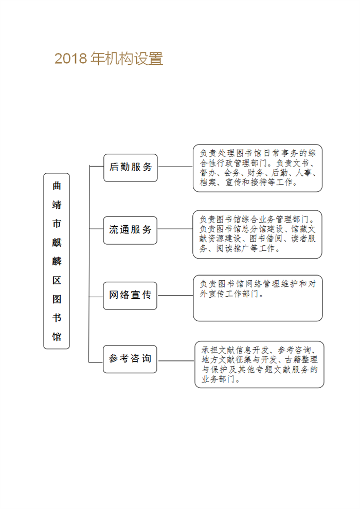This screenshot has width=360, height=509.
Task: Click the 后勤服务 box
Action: click(x=131, y=168)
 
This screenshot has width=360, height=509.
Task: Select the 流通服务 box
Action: click(x=130, y=230)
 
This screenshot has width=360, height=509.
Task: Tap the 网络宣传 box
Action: click(x=130, y=296)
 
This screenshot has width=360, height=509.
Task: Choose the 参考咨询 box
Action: click(x=130, y=359)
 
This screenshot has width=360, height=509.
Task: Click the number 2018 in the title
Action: click(x=71, y=59)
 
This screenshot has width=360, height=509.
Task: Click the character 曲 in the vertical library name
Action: click(x=57, y=186)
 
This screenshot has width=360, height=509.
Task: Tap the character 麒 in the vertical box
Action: click(x=57, y=243)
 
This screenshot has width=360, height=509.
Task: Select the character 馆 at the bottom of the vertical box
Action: click(x=57, y=337)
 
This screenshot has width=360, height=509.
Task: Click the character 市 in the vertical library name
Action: click(x=57, y=224)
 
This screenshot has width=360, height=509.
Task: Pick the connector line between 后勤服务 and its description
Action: click(x=175, y=167)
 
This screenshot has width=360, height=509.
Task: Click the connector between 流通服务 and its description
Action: click(x=175, y=229)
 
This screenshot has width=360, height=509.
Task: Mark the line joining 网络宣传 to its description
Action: click(x=175, y=296)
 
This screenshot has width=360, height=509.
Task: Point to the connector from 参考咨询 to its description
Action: click(x=176, y=360)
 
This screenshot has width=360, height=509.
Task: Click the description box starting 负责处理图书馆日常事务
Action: click(x=258, y=168)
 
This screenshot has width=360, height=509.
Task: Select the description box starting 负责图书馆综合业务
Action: click(x=258, y=234)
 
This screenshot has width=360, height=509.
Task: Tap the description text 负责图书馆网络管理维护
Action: click(x=258, y=288)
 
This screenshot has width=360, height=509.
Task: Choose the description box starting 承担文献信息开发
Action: click(x=259, y=364)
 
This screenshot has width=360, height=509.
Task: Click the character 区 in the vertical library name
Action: click(x=57, y=280)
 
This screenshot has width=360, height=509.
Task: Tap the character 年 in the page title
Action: click(x=97, y=59)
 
